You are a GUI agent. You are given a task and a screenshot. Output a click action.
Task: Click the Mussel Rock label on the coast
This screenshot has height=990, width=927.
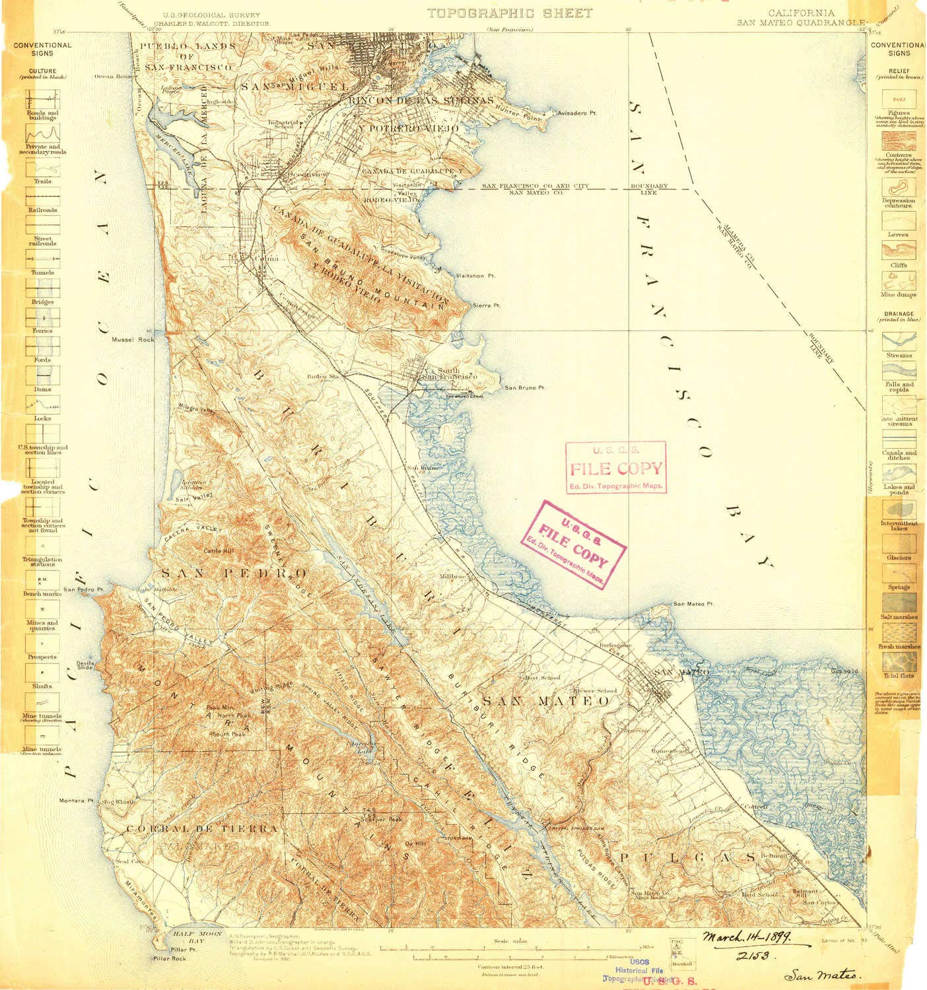tap(133, 339)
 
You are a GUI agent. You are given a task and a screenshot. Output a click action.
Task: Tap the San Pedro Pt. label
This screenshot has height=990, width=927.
tap(84, 589)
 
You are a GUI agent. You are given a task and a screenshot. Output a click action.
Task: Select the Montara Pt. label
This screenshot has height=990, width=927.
tap(77, 801)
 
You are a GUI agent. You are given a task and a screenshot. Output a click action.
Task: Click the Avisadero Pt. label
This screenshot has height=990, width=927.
tap(577, 113)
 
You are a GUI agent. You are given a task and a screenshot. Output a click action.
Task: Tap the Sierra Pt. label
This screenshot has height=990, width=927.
tap(487, 306)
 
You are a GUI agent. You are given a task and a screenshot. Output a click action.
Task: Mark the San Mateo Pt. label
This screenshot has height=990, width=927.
tap(693, 604)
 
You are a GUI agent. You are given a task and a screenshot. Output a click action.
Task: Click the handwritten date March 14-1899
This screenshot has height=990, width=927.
tap(747, 937)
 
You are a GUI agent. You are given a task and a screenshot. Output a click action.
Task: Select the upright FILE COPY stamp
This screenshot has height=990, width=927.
tap(615, 468)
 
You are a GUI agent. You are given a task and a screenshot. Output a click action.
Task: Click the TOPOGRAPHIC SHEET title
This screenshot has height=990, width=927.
tap(509, 13)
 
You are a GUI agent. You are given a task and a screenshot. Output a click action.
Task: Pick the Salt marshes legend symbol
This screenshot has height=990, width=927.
tap(899, 602)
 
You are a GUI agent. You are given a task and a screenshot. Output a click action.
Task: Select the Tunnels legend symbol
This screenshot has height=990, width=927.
tap(43, 258)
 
